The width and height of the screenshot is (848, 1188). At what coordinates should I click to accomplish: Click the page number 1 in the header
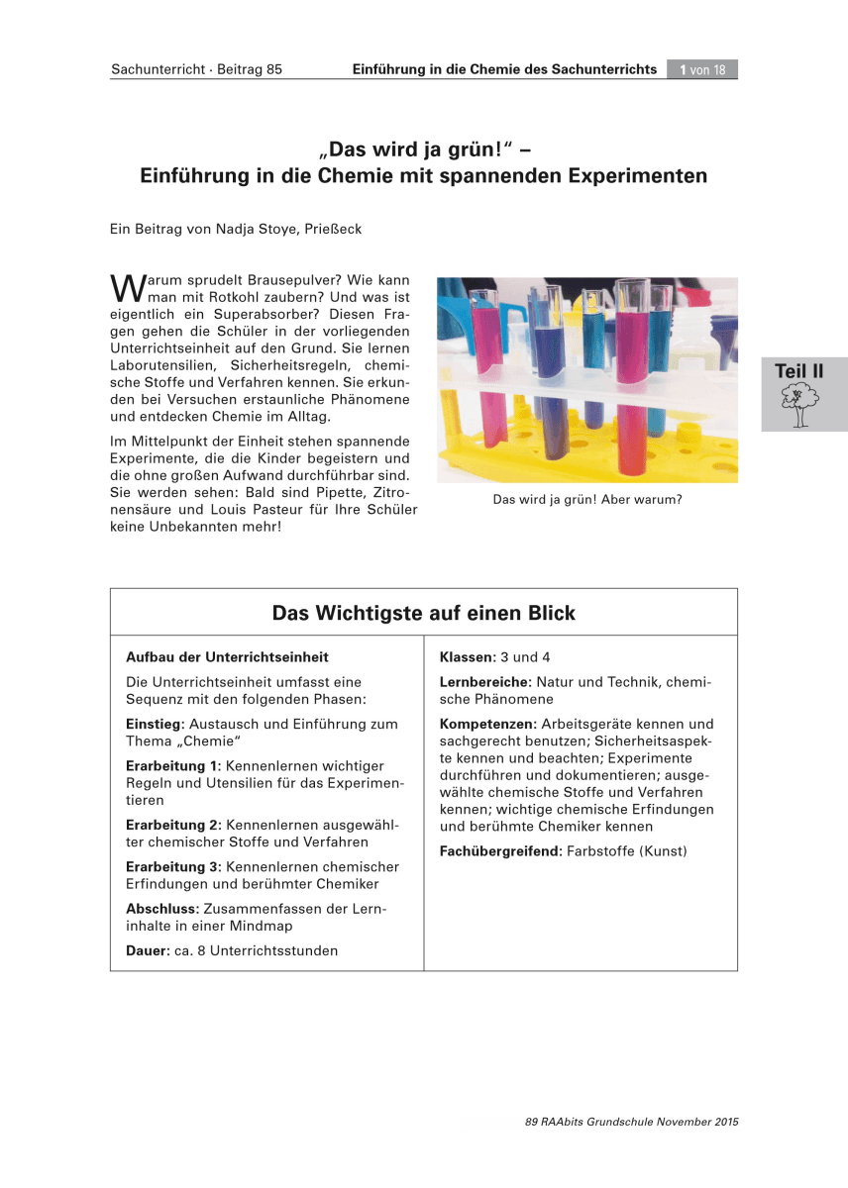(x=684, y=69)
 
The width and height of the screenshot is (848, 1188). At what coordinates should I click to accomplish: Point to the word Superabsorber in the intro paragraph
(x=241, y=312)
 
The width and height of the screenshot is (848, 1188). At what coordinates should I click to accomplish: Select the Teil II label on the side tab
(x=798, y=371)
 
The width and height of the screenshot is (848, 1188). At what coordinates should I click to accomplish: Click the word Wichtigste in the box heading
(x=370, y=614)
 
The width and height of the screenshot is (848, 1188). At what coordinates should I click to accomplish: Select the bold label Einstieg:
(x=156, y=725)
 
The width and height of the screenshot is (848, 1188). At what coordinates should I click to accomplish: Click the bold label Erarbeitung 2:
(x=173, y=825)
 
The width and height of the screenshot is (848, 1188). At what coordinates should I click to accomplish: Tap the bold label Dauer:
(x=148, y=950)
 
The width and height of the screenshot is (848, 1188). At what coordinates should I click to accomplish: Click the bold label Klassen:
(x=467, y=657)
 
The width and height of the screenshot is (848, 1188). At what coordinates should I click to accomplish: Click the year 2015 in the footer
(x=725, y=1122)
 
